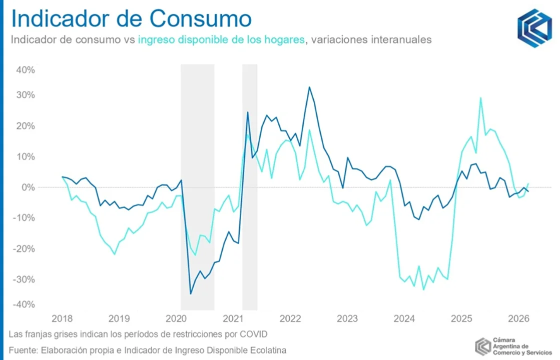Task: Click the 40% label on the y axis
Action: (26, 70)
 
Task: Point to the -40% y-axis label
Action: (24, 304)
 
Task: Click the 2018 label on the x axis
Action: (62, 318)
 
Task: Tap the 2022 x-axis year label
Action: (290, 318)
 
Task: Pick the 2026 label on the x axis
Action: (519, 318)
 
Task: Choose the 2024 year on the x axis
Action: (404, 318)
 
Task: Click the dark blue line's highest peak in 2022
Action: (309, 87)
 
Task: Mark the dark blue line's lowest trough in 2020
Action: (190, 293)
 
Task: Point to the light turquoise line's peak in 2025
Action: (480, 98)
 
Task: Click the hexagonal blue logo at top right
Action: (534, 28)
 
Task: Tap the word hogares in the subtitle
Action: (286, 40)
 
